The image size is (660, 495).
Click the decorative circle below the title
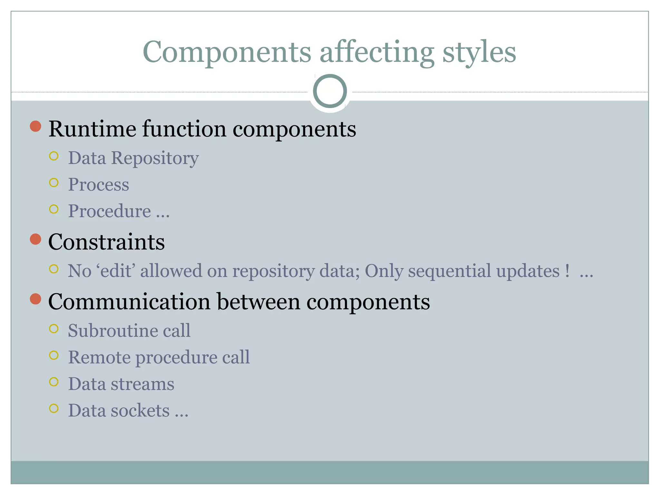330,91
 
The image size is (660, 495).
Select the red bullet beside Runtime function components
35,126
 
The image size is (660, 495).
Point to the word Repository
155,159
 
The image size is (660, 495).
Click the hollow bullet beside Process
54,183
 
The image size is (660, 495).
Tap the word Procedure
109,211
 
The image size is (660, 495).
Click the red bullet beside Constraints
35,239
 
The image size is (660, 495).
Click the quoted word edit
115,271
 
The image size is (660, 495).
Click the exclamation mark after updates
567,270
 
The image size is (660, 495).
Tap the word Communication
129,302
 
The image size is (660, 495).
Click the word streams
142,384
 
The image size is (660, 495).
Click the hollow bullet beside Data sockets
54,408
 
